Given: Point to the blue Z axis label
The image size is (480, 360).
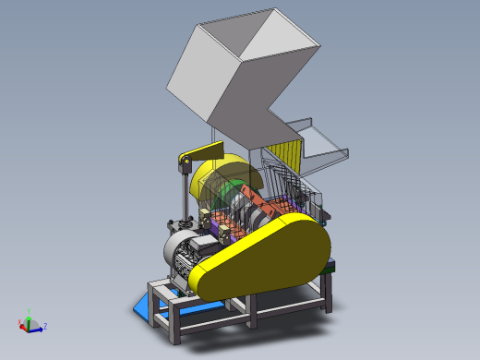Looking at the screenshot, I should tap(45, 326).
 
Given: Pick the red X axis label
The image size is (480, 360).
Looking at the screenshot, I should tap(19, 322).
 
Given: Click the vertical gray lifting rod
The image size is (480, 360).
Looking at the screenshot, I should tap(180, 198).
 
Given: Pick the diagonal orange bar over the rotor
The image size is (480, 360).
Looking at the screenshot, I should tap(259, 199).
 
